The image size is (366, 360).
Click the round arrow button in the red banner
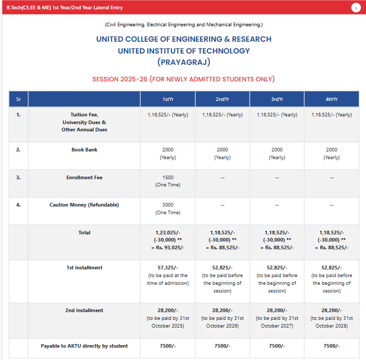coord(356,8)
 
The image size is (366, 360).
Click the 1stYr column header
coord(168,99)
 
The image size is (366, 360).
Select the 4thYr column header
coord(332,99)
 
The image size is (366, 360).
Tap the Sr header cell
coord(19,99)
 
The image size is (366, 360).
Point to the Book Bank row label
coord(84,150)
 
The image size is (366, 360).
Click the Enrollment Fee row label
coord(84,178)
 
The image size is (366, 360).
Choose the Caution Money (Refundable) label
coord(84,205)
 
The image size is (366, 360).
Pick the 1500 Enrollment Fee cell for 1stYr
coord(168,178)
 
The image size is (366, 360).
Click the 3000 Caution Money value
coord(168,205)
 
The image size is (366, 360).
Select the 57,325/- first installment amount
coord(168,268)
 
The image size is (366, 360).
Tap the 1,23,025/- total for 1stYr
coord(168,233)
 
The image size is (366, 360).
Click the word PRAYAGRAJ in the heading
coord(184,62)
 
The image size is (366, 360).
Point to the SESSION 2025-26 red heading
coord(183,79)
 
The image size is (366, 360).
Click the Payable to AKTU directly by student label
coord(84,346)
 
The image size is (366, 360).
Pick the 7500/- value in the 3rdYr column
coord(277,346)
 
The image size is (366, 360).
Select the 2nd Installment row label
coord(84,311)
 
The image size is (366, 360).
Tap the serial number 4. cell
coord(19,205)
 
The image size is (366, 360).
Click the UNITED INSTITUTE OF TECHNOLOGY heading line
coord(184,51)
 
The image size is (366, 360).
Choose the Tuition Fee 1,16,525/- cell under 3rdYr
coord(277,115)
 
